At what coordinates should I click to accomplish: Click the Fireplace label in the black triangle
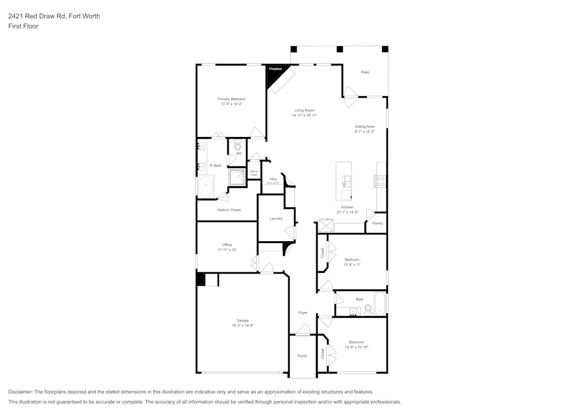275,70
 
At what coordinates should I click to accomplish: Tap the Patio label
365,72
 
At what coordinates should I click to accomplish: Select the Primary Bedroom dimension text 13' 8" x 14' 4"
231,104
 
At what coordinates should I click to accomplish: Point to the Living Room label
304,110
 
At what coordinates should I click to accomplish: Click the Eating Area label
364,126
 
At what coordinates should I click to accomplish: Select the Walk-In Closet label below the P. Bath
229,210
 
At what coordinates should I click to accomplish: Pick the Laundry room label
276,218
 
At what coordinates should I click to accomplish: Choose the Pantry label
377,223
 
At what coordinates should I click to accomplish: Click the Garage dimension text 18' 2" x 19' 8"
242,326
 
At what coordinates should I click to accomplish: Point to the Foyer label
302,313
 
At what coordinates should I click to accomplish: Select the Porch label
302,356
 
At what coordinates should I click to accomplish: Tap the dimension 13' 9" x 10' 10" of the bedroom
356,347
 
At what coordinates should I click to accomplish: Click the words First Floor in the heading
23,26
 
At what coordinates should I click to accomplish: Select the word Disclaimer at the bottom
20,392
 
